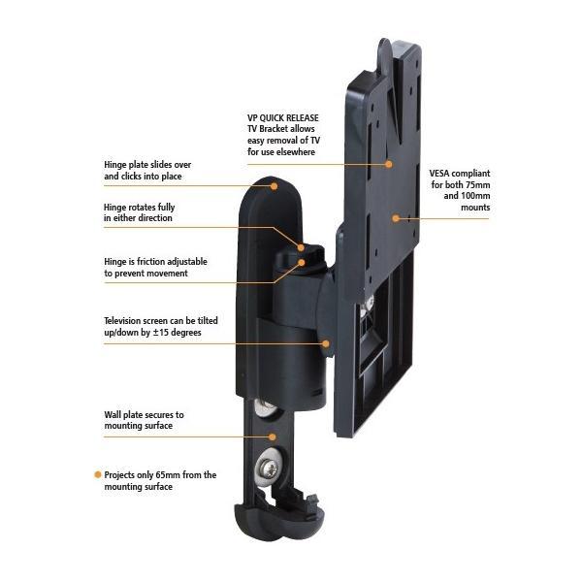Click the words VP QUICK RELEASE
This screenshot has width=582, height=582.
[283, 118]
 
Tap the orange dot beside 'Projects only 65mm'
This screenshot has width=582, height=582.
[98, 474]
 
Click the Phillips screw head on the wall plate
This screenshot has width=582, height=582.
[269, 469]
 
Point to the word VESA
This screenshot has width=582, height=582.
[439, 174]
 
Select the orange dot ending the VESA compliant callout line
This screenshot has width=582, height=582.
[396, 218]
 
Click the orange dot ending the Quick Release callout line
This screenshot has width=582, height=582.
[389, 164]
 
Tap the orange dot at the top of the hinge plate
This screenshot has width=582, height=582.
[274, 186]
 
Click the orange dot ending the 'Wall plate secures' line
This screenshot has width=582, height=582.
[273, 436]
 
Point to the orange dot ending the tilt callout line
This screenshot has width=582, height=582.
[326, 343]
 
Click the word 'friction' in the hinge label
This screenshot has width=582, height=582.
[151, 262]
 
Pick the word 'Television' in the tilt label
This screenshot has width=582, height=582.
[122, 321]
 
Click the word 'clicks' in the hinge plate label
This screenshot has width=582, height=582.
[130, 177]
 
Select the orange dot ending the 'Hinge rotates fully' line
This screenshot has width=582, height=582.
[301, 247]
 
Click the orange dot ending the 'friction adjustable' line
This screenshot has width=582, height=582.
[302, 263]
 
